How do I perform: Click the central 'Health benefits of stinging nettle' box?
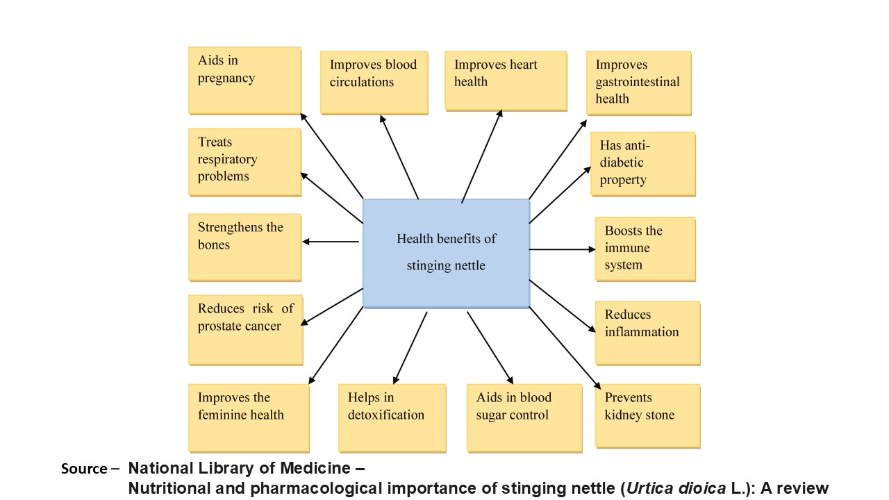coord(446,253)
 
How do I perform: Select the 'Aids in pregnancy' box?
coord(244,80)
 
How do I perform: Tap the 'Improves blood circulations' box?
coord(374,81)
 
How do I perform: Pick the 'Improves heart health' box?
coord(505,80)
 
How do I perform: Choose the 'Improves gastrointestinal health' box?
coord(638,83)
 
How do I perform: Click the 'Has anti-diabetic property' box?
coord(642,164)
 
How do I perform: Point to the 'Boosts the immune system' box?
coord(645,249)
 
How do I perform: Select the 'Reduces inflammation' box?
coord(647,332)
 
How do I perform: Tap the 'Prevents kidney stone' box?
coord(647,415)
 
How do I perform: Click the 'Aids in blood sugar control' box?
coord(524,417)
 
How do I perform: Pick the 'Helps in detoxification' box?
coord(392,417)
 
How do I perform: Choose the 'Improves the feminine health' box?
coord(248,417)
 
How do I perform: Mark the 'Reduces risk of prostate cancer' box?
coord(245,329)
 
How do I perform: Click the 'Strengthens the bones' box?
coord(244,247)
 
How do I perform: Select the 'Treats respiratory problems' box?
coord(244,161)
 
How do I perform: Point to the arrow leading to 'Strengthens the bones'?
coord(331,242)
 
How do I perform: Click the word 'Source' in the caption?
coord(83,469)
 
